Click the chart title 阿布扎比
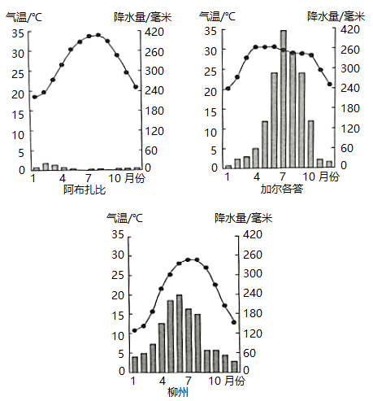(x=85, y=190)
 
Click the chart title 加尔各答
(x=281, y=189)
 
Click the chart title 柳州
(x=178, y=392)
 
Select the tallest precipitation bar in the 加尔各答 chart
(x=284, y=99)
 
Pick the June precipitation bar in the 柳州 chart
(x=180, y=333)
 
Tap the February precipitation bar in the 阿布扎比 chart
(x=46, y=167)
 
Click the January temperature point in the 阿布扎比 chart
(x=35, y=97)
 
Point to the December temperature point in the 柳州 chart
(x=234, y=322)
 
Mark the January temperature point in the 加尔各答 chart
(x=228, y=89)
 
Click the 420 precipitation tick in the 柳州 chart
(x=253, y=234)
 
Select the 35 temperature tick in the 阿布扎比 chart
(x=18, y=33)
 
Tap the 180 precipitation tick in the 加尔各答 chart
(x=350, y=108)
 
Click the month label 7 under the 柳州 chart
(x=189, y=381)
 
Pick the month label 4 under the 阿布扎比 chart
(x=63, y=178)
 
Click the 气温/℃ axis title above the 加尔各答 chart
(x=217, y=16)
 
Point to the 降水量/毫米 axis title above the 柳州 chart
(x=243, y=218)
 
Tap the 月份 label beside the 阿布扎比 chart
(x=135, y=178)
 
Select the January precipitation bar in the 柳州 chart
(x=135, y=364)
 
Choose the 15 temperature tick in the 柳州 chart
(x=118, y=316)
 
